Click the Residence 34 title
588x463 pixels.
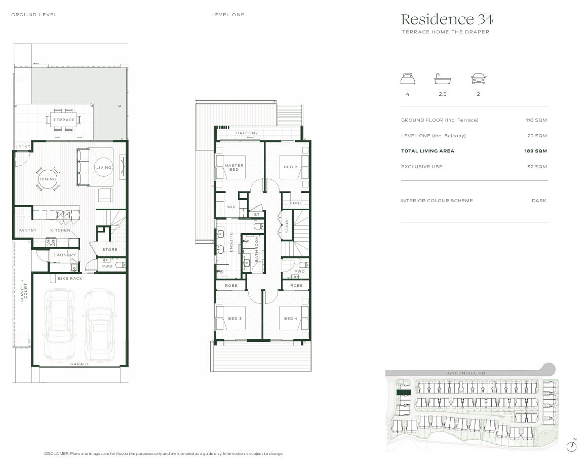tap(447, 20)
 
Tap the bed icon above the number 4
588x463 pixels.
tap(408, 79)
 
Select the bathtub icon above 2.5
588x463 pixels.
tap(442, 79)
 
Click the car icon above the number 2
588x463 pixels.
tap(478, 79)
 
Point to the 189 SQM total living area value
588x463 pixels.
tap(535, 151)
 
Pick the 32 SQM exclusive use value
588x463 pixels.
tap(537, 167)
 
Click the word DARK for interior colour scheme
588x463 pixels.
tap(539, 201)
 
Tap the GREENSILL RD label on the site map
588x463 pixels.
tap(466, 373)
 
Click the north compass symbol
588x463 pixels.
tap(572, 446)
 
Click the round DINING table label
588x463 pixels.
tap(48, 179)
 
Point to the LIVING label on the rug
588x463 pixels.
tap(104, 168)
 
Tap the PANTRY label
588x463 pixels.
tap(27, 230)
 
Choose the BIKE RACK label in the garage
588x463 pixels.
tap(70, 279)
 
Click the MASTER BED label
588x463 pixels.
tap(234, 167)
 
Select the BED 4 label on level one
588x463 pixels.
tap(291, 319)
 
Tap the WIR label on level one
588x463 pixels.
tap(231, 207)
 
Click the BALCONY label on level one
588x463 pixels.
tap(247, 133)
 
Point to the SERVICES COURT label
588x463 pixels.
tap(22, 291)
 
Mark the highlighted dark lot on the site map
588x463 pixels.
tap(403, 392)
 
